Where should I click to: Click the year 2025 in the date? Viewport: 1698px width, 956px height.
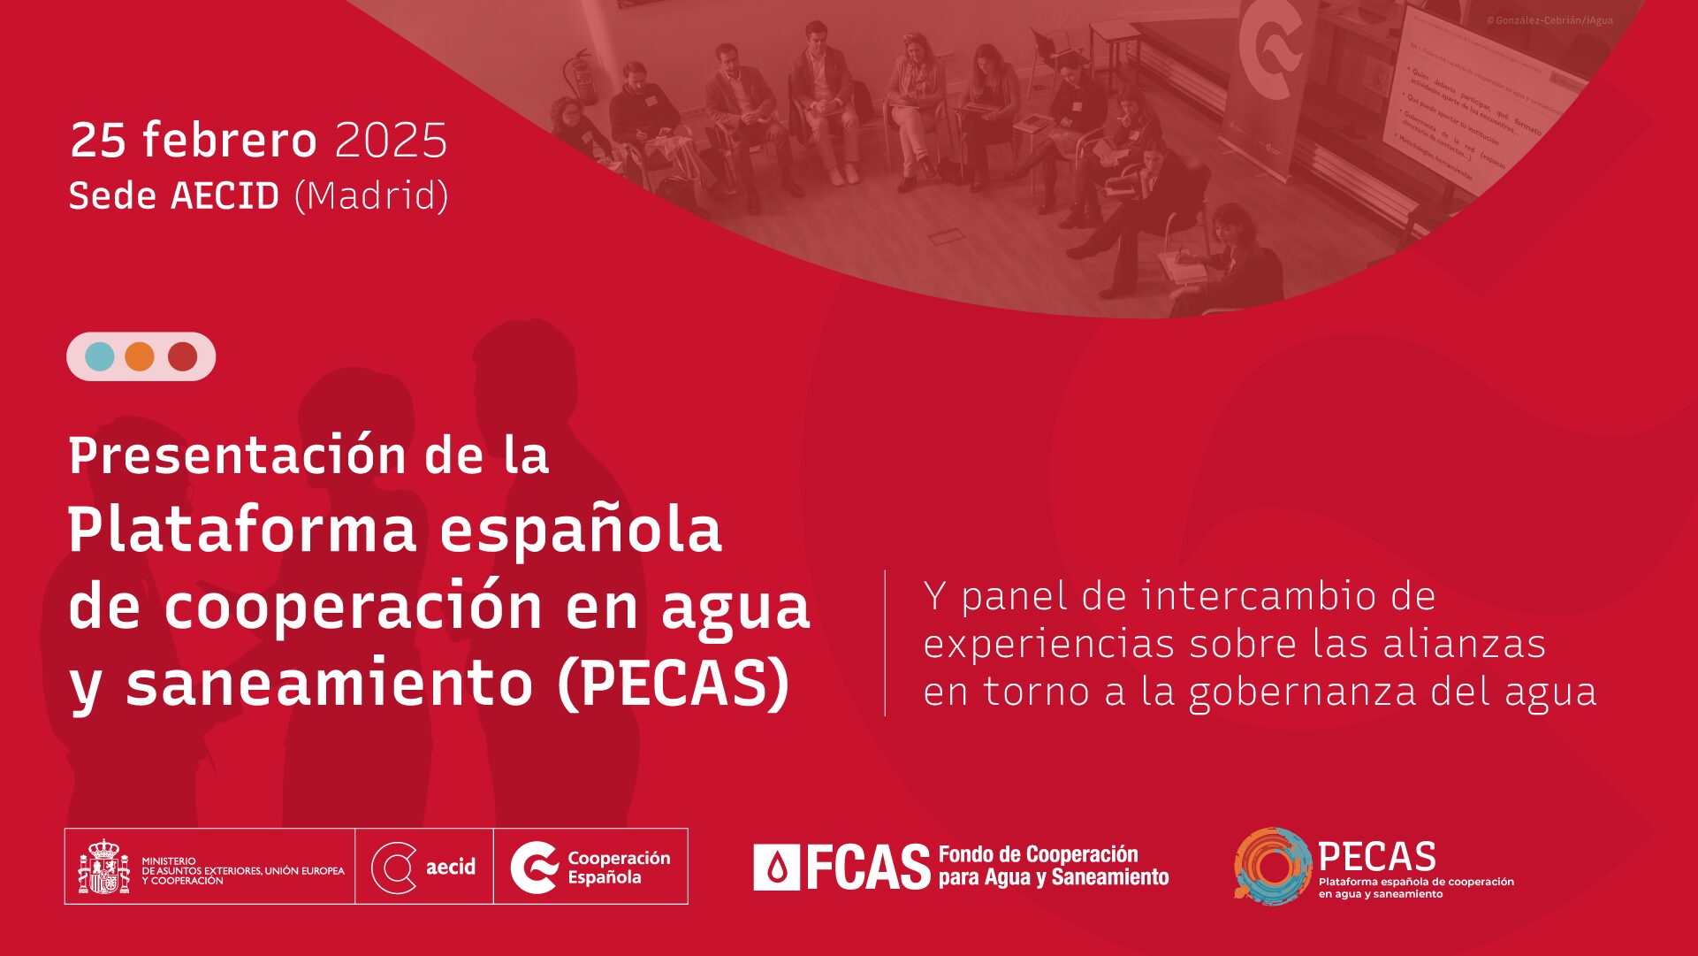pyautogui.click(x=391, y=141)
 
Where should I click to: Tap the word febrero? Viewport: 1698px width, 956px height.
pyautogui.click(x=229, y=141)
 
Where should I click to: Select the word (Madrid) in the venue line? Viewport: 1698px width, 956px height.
pyautogui.click(x=371, y=196)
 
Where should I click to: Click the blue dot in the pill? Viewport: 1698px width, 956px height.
pyautogui.click(x=100, y=356)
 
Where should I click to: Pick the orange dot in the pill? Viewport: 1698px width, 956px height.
pyautogui.click(x=140, y=356)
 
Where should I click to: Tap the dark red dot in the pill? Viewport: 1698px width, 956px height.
pyautogui.click(x=182, y=356)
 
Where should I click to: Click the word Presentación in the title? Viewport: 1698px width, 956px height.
pyautogui.click(x=238, y=455)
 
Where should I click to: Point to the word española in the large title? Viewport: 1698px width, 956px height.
pyautogui.click(x=580, y=531)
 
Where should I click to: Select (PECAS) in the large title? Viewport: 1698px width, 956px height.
pyautogui.click(x=674, y=684)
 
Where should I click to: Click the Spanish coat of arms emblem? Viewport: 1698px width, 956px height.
pyautogui.click(x=103, y=867)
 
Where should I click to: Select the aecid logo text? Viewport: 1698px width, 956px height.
pyautogui.click(x=451, y=867)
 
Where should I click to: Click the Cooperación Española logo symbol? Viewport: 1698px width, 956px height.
pyautogui.click(x=535, y=868)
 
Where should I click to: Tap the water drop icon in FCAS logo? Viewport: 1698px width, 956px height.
pyautogui.click(x=777, y=868)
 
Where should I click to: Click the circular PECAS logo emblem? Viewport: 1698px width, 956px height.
pyautogui.click(x=1272, y=867)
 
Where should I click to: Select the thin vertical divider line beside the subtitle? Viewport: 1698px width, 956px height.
pyautogui.click(x=885, y=643)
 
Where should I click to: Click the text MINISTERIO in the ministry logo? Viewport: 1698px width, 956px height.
pyautogui.click(x=169, y=860)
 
